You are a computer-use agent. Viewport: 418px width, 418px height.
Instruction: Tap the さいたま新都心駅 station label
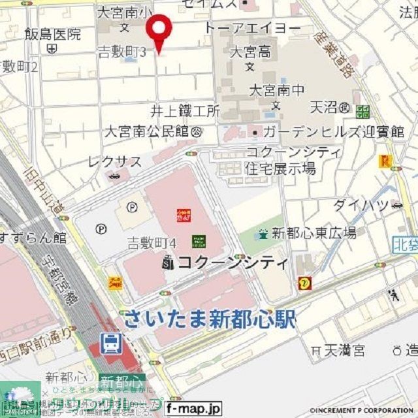tap(209, 319)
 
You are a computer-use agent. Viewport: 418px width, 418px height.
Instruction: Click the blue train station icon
tap(110, 342)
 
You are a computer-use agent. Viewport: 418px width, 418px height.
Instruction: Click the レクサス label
tap(115, 162)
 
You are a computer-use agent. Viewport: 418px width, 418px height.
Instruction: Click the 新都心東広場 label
tap(313, 233)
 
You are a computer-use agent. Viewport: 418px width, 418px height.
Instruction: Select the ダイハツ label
tap(359, 205)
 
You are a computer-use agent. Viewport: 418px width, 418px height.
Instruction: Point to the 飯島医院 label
tap(53, 34)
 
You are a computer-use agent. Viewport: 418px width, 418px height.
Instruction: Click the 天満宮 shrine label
tap(345, 351)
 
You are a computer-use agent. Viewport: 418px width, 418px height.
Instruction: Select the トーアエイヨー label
tap(252, 28)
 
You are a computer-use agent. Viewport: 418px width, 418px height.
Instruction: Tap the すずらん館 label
tap(33, 236)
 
